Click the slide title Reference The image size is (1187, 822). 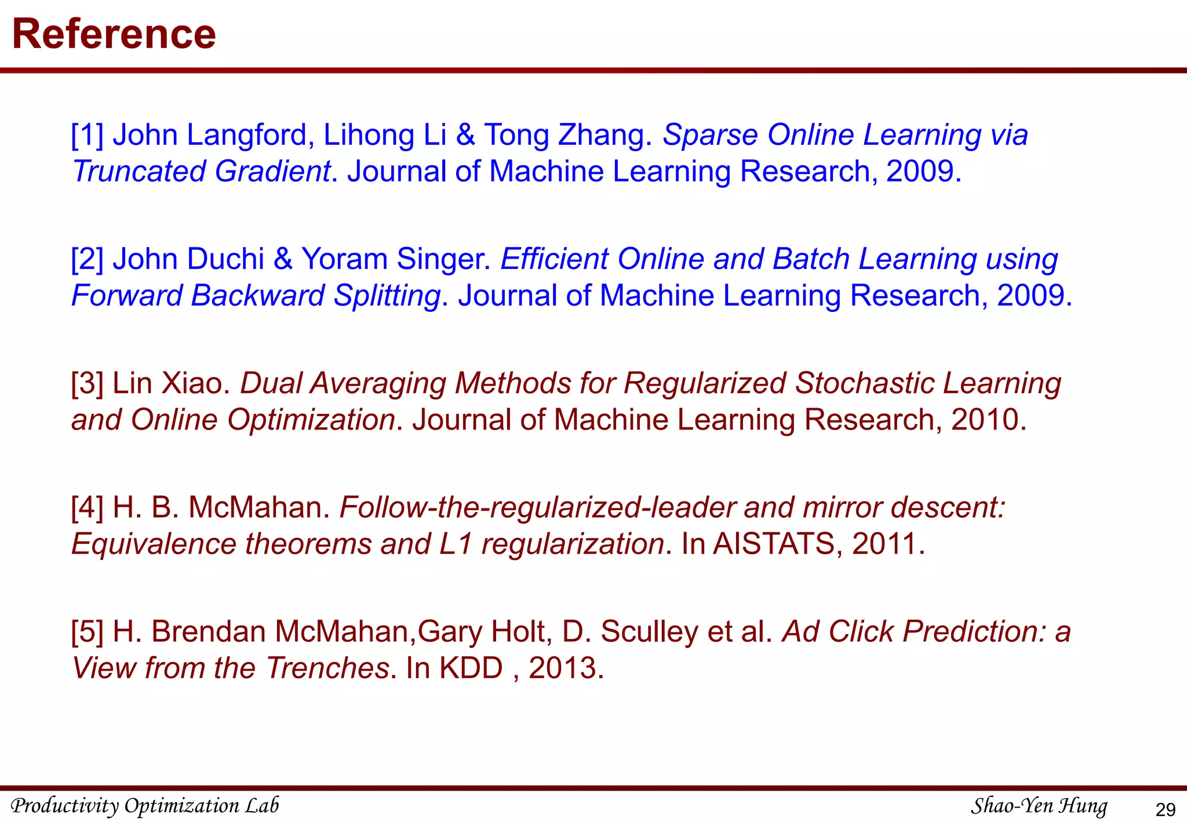(x=114, y=34)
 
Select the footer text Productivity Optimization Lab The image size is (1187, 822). (x=145, y=806)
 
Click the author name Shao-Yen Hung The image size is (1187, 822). (x=1039, y=806)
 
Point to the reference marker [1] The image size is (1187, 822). (x=87, y=135)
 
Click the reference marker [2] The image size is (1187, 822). (x=87, y=259)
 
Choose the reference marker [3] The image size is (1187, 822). (x=87, y=384)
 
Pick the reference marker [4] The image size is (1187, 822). (x=87, y=508)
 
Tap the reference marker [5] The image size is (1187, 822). (x=87, y=632)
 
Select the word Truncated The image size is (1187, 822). (x=139, y=172)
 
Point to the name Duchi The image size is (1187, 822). (x=226, y=259)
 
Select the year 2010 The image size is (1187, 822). (x=985, y=420)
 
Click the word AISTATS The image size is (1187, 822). (x=773, y=544)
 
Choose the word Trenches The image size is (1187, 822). (x=327, y=668)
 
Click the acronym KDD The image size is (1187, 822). (x=471, y=668)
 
